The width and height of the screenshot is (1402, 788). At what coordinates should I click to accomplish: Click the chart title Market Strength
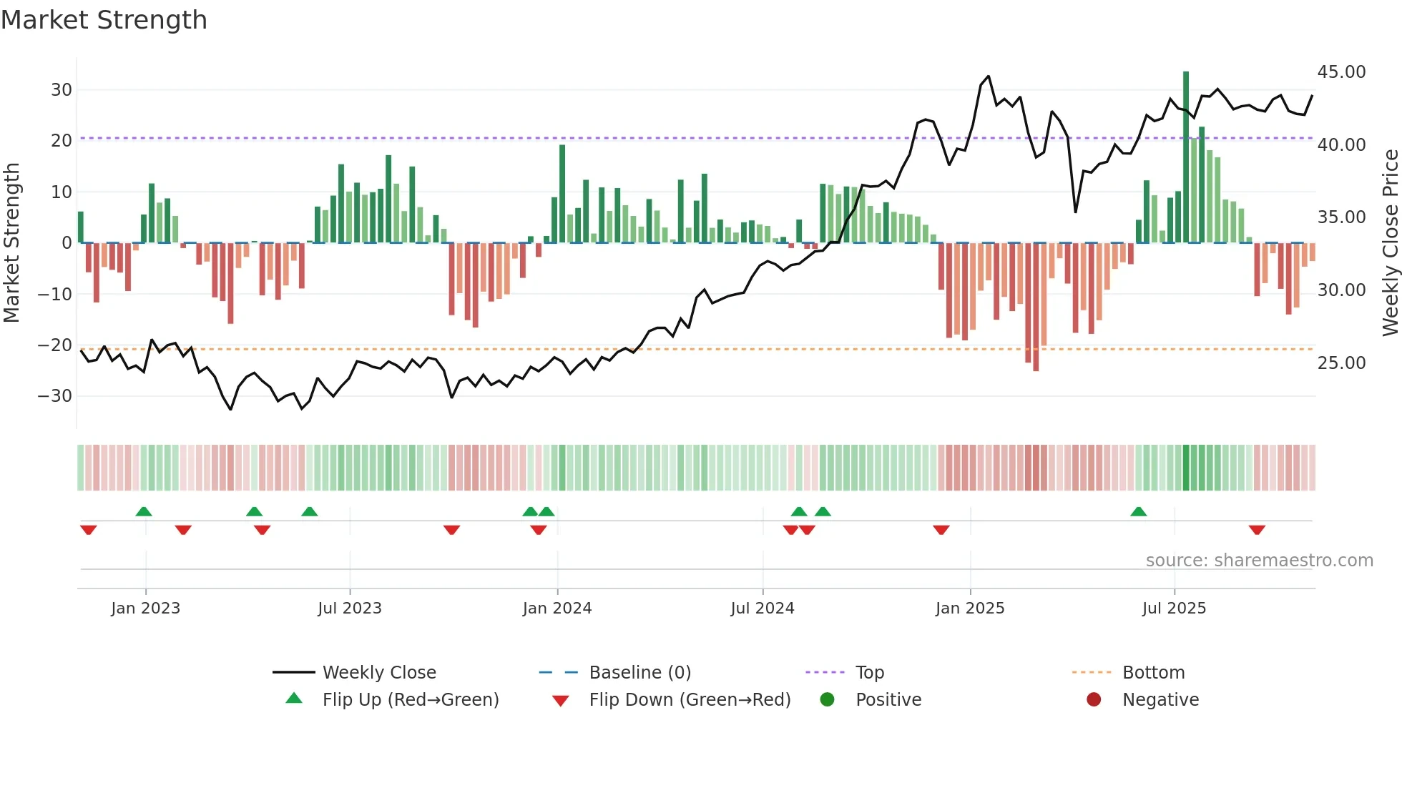[x=104, y=20]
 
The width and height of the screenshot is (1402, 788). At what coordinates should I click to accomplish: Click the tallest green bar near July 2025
[x=1186, y=157]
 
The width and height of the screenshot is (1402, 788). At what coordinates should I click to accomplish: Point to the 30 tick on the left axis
[x=62, y=90]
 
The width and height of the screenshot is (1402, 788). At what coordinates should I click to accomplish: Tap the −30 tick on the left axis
[x=55, y=396]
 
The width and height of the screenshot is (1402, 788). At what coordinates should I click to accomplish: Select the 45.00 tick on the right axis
[x=1341, y=72]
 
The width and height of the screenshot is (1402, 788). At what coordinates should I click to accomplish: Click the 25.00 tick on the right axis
[x=1341, y=363]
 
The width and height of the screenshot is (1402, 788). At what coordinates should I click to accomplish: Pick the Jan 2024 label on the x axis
[x=557, y=609]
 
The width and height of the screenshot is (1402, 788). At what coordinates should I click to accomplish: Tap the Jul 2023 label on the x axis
[x=350, y=609]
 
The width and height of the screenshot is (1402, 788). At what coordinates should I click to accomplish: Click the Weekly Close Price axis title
[x=1390, y=243]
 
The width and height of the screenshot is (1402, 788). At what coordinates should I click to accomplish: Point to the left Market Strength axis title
[x=12, y=243]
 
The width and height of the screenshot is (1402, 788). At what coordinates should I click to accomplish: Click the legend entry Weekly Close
[x=379, y=673]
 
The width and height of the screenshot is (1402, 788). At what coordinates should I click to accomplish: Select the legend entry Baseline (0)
[x=639, y=673]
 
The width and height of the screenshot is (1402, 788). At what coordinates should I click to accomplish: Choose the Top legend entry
[x=870, y=673]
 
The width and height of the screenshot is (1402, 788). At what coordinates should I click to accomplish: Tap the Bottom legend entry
[x=1153, y=673]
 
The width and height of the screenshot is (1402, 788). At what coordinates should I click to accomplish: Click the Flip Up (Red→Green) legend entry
[x=410, y=700]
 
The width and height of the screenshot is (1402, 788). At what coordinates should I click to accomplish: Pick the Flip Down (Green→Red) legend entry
[x=690, y=700]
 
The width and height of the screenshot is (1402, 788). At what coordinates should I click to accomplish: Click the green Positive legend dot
[x=828, y=700]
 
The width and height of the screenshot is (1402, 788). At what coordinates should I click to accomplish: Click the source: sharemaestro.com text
[x=1259, y=561]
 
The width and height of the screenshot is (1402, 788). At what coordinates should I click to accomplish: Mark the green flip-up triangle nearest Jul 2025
[x=1139, y=511]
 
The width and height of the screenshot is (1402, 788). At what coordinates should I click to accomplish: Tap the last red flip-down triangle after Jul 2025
[x=1257, y=530]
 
